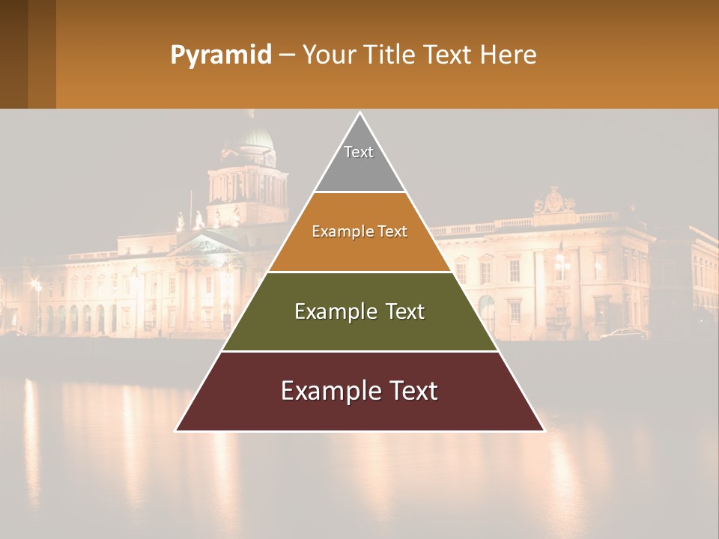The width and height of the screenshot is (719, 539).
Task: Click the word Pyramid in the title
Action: [220, 55]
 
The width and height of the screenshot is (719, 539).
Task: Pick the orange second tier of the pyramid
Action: [359, 251]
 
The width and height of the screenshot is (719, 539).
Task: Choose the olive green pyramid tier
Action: [359, 329]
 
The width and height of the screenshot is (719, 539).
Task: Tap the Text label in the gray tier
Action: [359, 152]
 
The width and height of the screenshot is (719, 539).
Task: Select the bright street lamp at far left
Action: [34, 284]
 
